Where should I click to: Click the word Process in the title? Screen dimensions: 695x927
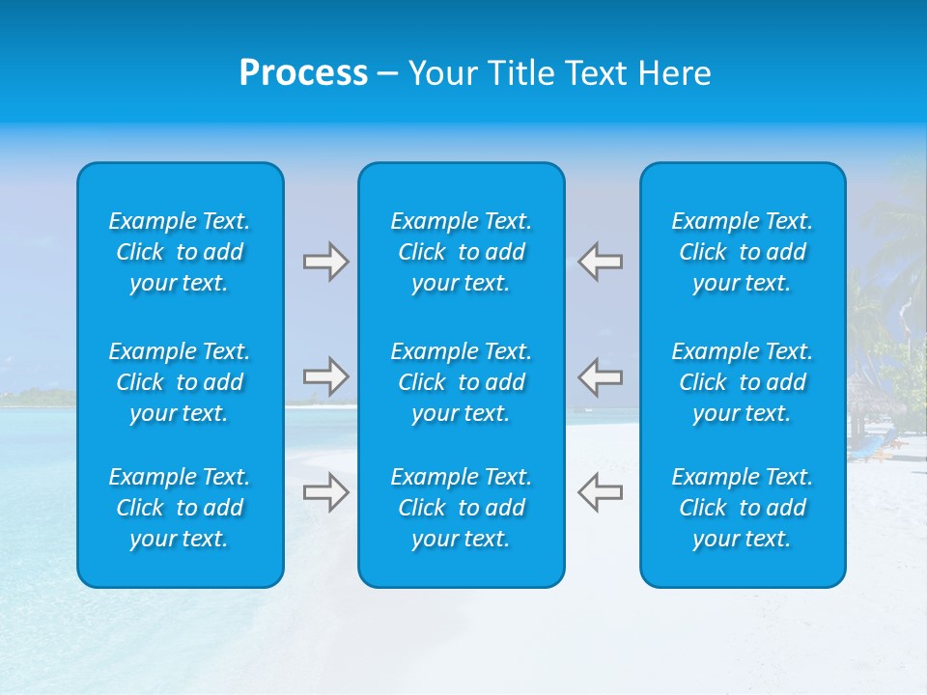303,73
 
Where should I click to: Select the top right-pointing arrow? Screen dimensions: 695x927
326,262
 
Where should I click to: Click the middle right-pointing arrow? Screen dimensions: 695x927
326,376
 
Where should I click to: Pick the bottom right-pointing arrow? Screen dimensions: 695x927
326,492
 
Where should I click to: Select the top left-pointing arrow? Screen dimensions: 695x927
600,262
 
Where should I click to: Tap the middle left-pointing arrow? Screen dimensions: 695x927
600,376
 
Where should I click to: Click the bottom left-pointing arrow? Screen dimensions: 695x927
600,492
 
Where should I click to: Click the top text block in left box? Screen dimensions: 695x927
180,252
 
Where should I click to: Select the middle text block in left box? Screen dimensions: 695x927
180,382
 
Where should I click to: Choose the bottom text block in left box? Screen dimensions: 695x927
180,508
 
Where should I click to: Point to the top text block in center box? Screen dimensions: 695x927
461,252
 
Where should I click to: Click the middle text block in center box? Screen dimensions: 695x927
461,382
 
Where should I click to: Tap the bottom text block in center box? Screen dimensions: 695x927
461,508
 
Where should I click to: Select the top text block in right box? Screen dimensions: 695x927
743,252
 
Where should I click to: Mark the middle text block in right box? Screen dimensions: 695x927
743,382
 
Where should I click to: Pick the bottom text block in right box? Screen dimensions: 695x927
743,508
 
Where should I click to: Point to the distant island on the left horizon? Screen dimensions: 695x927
39,397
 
